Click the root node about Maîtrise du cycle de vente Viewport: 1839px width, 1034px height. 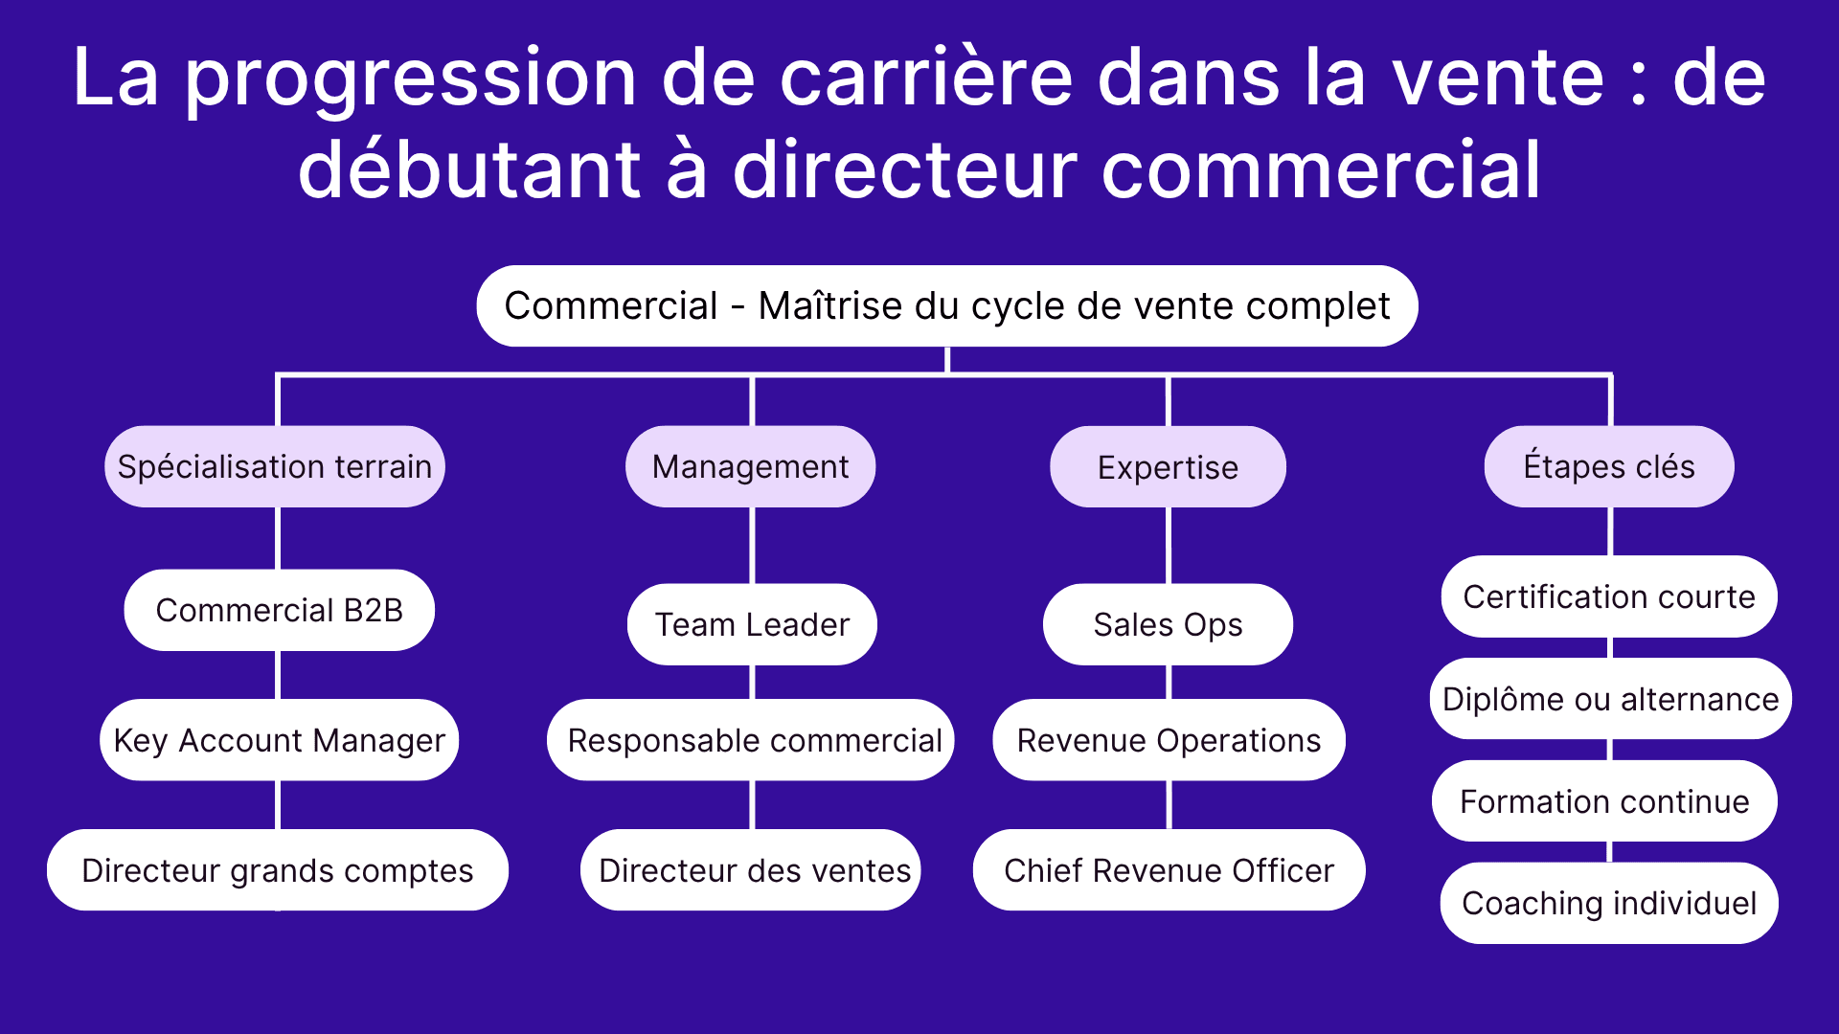tap(946, 306)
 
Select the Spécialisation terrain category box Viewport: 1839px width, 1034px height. tap(275, 467)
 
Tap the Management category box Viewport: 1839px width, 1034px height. tap(750, 467)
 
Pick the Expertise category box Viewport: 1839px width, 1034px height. tap(1168, 467)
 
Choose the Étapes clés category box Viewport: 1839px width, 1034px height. tap(1609, 467)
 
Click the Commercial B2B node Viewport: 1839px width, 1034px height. tap(279, 611)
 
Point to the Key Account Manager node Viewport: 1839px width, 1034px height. tap(279, 740)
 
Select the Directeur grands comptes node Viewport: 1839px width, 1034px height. tap(278, 870)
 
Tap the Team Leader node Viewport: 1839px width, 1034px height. tap(752, 624)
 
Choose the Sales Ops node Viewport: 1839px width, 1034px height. tap(1168, 624)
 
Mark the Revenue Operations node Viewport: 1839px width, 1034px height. tap(1169, 740)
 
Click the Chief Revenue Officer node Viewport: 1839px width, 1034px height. tap(1169, 870)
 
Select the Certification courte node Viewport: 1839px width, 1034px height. tap(1609, 596)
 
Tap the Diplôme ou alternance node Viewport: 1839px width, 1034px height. tap(1610, 699)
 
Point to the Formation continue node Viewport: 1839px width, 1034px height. tap(1604, 801)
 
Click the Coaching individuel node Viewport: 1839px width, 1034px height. tap(1609, 903)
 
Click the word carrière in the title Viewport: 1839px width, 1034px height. tap(926, 79)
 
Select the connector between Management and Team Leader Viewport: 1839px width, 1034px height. tap(752, 545)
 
